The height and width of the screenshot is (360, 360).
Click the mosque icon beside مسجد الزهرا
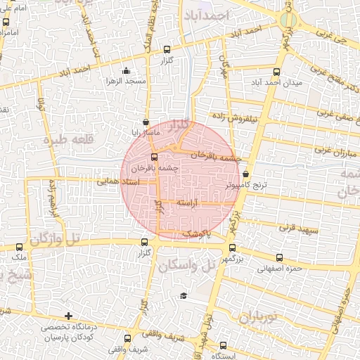[x=126, y=70]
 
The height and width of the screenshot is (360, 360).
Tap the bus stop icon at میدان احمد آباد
[x=276, y=72]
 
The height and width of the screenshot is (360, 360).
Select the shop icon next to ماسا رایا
[x=146, y=120]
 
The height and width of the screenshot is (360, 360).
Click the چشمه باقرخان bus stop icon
[x=155, y=157]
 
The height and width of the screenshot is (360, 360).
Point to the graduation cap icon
[x=184, y=296]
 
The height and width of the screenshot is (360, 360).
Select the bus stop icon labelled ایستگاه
[x=223, y=345]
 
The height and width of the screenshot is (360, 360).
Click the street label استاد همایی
[x=118, y=181]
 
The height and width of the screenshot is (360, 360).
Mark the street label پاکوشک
[x=195, y=233]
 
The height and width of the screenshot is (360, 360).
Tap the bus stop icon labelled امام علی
[x=6, y=22]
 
